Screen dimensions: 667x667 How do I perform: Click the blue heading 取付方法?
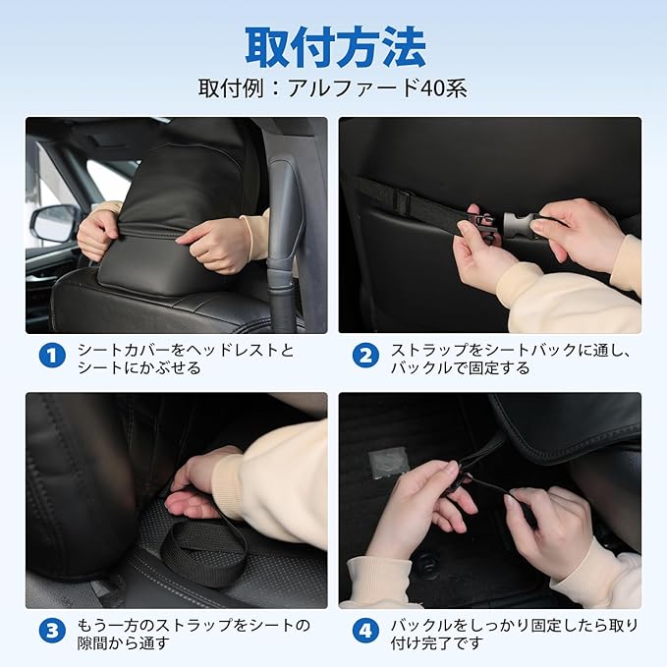coord(335,46)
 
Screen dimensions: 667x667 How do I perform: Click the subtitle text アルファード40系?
coord(377,88)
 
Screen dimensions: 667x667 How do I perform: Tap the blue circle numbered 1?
coord(52,356)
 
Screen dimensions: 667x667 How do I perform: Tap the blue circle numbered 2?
coord(365,356)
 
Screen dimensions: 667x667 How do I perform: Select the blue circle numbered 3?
coord(52,631)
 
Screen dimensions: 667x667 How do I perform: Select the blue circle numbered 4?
coord(365,631)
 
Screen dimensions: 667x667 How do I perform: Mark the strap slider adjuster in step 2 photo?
coord(403,200)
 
